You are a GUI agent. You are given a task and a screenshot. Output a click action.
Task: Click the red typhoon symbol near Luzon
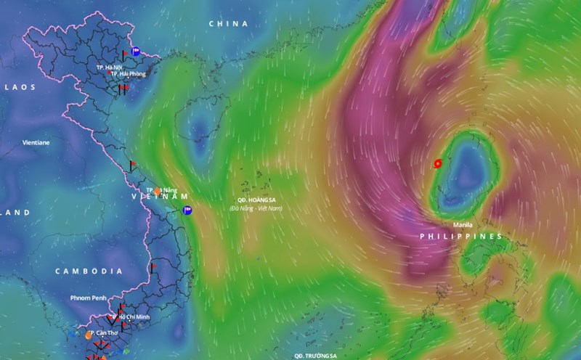[x=437, y=164]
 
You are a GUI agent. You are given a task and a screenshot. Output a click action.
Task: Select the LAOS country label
[x=20, y=86]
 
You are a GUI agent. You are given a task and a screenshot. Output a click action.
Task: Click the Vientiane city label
[x=36, y=143]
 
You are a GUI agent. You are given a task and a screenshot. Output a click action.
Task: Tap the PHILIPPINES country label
[x=461, y=237]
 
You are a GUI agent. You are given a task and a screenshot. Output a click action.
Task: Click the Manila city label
[x=462, y=224]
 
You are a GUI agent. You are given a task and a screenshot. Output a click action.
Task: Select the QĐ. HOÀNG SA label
[x=257, y=199]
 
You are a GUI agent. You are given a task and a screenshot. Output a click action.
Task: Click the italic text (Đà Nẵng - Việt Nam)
[x=256, y=208]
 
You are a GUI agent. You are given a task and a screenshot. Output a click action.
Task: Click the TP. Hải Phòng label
[x=129, y=73]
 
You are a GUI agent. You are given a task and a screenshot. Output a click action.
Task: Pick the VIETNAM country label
[x=159, y=197]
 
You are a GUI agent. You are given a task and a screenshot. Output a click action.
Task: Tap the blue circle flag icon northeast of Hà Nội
[x=136, y=51]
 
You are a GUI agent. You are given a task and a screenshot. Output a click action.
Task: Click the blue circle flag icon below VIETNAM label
[x=187, y=210]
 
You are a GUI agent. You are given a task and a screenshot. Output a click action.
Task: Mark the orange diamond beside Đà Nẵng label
[x=158, y=191]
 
